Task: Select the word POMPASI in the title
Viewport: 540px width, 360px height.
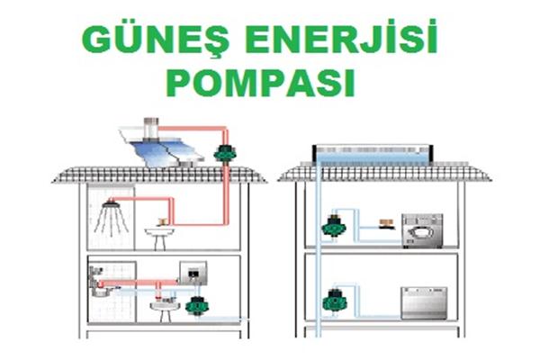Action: pyautogui.click(x=260, y=83)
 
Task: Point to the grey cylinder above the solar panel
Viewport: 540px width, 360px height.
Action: pyautogui.click(x=151, y=129)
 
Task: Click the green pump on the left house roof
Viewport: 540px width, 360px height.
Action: pyautogui.click(x=225, y=154)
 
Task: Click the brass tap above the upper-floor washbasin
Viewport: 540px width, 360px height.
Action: pyautogui.click(x=162, y=222)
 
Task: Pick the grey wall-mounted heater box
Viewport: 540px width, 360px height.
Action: pyautogui.click(x=193, y=274)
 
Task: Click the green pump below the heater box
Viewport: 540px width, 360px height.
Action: pyautogui.click(x=196, y=305)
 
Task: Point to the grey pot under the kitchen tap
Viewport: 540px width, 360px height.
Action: pyautogui.click(x=101, y=292)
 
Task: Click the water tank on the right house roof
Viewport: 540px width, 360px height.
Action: pyautogui.click(x=373, y=154)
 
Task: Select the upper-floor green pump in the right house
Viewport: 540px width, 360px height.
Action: pyautogui.click(x=333, y=226)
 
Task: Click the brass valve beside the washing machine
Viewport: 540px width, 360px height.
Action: pyautogui.click(x=386, y=224)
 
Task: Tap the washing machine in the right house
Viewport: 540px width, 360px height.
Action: pyautogui.click(x=422, y=230)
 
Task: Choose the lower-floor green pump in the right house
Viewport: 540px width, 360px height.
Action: pyautogui.click(x=335, y=301)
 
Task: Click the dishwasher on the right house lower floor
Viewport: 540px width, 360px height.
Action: pyautogui.click(x=424, y=303)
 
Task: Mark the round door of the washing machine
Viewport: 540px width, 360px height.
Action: pyautogui.click(x=420, y=234)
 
